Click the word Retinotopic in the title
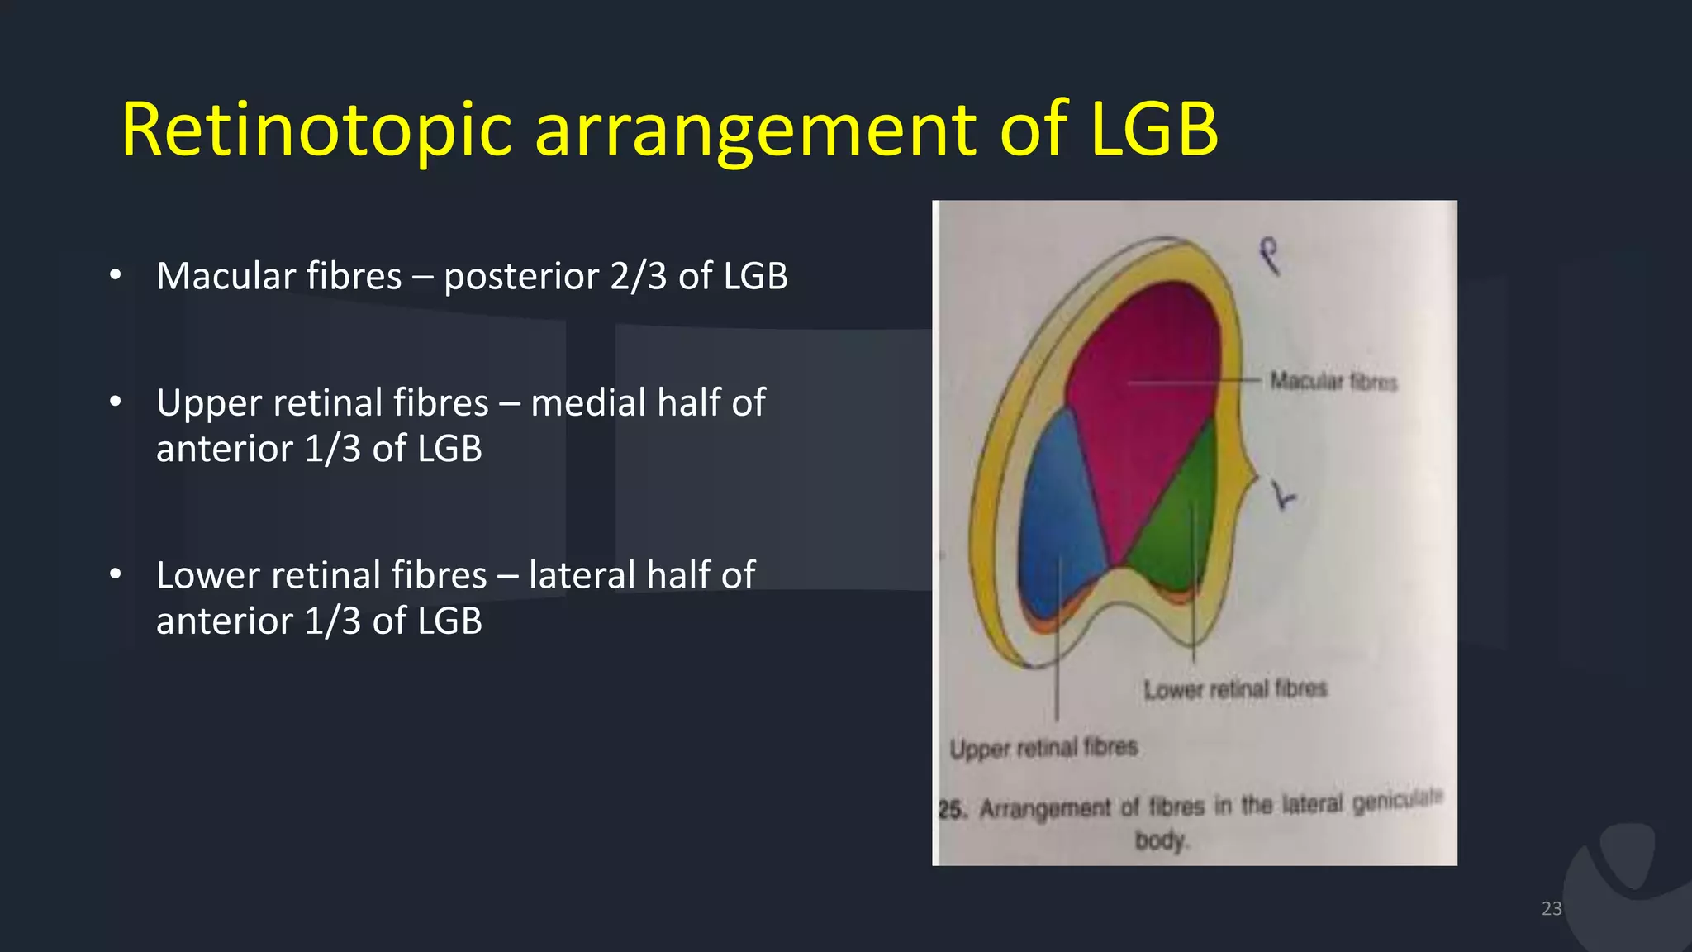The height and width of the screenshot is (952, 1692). (x=316, y=130)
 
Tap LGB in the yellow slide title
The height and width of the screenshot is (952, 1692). (x=1153, y=130)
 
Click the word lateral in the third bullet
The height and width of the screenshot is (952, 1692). (x=582, y=575)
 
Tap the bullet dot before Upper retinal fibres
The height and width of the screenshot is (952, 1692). (x=116, y=402)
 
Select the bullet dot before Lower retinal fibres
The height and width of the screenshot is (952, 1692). (x=116, y=574)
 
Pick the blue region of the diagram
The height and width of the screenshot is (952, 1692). (x=1057, y=512)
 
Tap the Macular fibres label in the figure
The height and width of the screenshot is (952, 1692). (x=1333, y=381)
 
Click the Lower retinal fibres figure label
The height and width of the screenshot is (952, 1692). (x=1235, y=688)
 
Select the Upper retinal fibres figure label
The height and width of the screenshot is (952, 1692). (x=1043, y=748)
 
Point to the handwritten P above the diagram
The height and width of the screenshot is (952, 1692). (x=1270, y=255)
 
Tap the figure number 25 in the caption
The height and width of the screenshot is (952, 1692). (x=951, y=809)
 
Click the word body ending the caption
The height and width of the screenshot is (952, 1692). (x=1160, y=840)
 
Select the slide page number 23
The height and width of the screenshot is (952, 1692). (x=1551, y=909)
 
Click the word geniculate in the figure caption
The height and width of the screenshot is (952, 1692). (x=1397, y=800)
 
